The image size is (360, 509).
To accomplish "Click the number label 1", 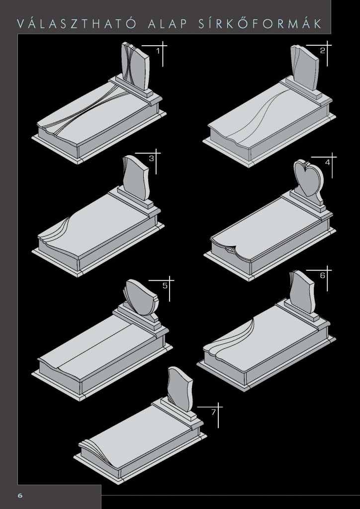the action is click(158, 51).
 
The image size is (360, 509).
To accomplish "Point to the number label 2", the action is click(322, 51).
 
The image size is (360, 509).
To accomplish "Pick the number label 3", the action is click(151, 159).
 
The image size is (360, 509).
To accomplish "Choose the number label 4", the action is click(328, 163).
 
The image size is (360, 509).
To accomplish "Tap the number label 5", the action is click(165, 286).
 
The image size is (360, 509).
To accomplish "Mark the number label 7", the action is click(213, 412).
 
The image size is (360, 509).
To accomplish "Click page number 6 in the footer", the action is click(20, 496).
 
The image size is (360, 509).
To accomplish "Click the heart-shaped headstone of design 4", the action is click(309, 178).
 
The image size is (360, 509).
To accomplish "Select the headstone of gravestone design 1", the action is click(135, 66).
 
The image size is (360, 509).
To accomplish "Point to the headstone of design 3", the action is click(136, 178).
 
